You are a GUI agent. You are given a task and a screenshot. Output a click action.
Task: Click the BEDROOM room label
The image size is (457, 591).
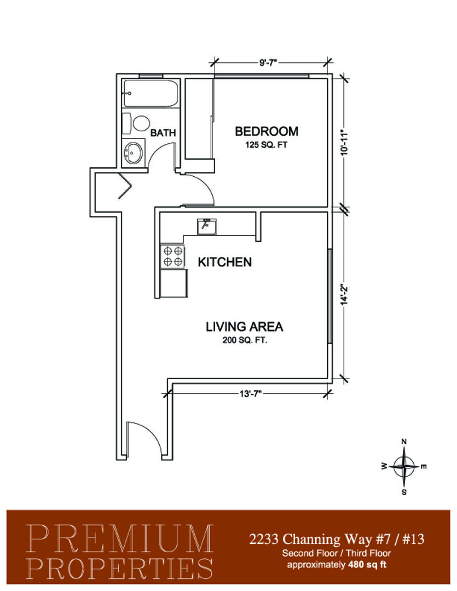[x=267, y=131]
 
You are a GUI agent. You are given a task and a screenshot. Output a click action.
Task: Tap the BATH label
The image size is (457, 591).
[x=163, y=132]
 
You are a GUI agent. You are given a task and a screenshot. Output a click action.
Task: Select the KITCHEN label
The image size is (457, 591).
[x=225, y=262]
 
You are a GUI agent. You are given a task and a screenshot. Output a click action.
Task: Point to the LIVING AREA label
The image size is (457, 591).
[x=244, y=326]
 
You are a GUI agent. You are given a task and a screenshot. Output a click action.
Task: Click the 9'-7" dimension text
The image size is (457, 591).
[x=268, y=62]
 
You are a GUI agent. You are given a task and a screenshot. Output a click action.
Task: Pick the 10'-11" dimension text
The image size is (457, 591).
[x=344, y=143]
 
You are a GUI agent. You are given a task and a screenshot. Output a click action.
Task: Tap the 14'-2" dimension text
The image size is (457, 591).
[x=344, y=294]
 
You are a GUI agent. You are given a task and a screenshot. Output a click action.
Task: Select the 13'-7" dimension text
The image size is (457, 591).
[x=250, y=394]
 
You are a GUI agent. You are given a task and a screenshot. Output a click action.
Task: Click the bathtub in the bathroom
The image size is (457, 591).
[x=151, y=93]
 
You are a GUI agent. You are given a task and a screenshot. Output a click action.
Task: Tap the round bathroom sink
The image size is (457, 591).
[x=133, y=152]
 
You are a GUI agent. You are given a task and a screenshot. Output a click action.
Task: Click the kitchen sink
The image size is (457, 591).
[x=207, y=227]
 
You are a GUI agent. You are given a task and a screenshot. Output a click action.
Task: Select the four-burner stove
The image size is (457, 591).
[x=173, y=256]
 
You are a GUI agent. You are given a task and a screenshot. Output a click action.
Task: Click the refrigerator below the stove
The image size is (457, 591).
[x=174, y=283]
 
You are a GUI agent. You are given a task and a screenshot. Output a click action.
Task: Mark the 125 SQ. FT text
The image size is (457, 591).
[x=266, y=144]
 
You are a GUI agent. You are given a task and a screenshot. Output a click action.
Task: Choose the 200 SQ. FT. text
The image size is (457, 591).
[x=245, y=340]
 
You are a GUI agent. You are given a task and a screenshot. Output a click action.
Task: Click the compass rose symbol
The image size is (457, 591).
[x=404, y=467]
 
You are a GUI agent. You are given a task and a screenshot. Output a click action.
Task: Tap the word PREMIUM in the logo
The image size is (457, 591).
[x=120, y=539]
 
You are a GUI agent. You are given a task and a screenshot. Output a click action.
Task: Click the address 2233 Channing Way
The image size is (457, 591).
[x=311, y=540]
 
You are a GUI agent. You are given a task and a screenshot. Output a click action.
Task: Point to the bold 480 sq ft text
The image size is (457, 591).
[x=367, y=565]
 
